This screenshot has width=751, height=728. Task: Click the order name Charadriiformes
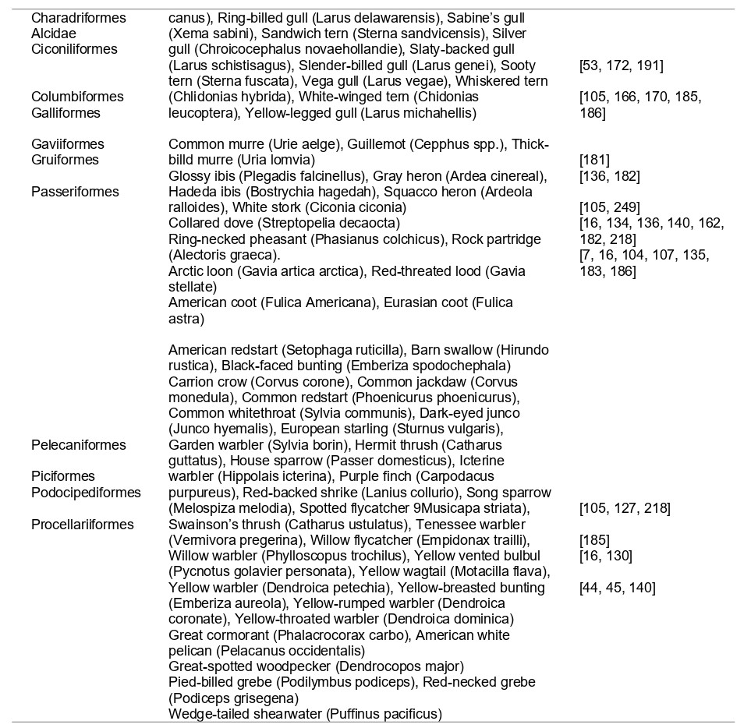tap(78, 17)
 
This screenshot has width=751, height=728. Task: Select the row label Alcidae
tap(55, 34)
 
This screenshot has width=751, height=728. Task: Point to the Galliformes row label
tap(66, 113)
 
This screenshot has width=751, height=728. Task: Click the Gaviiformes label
tap(67, 144)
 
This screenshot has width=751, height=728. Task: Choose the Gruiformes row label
tap(65, 160)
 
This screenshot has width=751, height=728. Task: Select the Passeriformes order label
tap(75, 192)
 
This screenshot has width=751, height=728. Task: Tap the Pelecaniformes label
tap(78, 445)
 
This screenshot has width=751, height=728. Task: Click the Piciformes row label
tap(62, 476)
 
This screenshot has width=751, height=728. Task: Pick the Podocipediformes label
tap(86, 492)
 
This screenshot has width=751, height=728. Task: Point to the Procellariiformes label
tap(83, 524)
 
